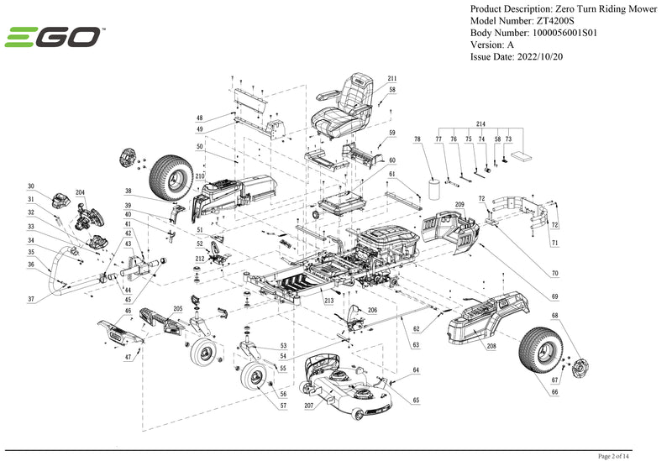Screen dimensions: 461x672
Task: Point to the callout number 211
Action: (391, 78)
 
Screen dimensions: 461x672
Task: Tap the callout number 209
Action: (459, 205)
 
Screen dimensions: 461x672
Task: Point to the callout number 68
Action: (554, 317)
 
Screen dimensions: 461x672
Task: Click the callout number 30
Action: (31, 186)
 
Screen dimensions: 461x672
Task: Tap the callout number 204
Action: (80, 192)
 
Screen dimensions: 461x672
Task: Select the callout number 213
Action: (329, 300)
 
